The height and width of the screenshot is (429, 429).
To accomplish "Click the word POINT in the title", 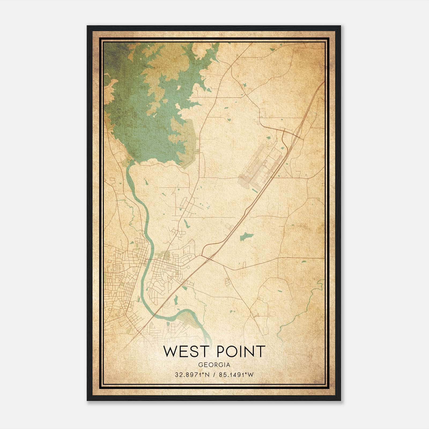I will pos(241,352).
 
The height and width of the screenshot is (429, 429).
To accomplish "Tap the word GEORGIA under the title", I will pos(214,365).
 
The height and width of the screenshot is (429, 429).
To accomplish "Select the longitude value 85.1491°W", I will pos(236,375).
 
